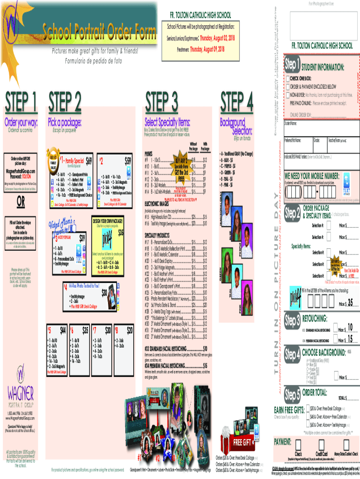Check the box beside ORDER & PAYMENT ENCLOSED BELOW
pyautogui.click(x=288, y=87)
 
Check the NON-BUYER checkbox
pyautogui.click(x=288, y=94)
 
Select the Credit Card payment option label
pyautogui.click(x=322, y=454)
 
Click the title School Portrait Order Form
pyautogui.click(x=100, y=32)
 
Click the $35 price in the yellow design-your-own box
pyautogui.click(x=121, y=232)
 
